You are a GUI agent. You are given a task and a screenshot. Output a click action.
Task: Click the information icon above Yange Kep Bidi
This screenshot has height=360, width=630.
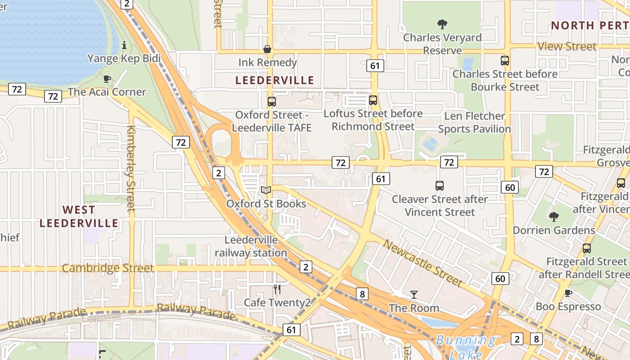124,45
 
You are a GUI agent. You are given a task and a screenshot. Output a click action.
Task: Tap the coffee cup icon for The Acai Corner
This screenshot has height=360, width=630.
107,79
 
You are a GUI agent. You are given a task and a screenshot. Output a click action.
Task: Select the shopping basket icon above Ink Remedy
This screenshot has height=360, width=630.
267,49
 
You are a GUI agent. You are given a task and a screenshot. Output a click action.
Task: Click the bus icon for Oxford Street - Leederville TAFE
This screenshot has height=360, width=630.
272,101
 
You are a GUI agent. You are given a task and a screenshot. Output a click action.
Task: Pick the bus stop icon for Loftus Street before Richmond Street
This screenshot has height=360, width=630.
373,100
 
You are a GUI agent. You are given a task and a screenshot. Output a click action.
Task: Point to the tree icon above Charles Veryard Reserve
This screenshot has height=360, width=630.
442,24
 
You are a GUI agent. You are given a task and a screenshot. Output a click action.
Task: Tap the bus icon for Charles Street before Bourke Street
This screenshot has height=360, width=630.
505,61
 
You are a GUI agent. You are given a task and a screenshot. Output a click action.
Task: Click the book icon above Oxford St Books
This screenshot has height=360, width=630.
266,190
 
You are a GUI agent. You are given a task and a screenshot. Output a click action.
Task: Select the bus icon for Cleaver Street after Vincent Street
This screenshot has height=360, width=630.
440,185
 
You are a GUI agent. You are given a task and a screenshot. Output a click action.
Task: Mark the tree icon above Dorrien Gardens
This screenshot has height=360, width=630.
554,217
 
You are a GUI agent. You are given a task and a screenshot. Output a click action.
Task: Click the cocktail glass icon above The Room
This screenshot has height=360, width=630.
414,295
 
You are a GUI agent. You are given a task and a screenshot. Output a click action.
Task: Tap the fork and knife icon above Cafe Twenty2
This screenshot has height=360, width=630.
277,289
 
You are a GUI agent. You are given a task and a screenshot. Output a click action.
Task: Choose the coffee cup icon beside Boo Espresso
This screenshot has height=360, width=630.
568,293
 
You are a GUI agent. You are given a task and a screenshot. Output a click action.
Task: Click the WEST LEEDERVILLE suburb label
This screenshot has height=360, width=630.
79,216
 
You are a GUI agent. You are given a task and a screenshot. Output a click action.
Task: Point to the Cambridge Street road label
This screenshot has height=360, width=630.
108,268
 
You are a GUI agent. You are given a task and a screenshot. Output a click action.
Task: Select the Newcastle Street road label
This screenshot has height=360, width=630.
423,263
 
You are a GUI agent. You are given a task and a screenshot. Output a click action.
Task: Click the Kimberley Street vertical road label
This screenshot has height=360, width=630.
131,169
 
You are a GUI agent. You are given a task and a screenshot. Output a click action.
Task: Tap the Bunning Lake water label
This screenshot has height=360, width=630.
466,346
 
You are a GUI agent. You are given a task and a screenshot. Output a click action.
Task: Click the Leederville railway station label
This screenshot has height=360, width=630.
251,247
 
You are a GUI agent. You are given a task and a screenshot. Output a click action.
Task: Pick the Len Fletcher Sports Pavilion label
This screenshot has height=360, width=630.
474,122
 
